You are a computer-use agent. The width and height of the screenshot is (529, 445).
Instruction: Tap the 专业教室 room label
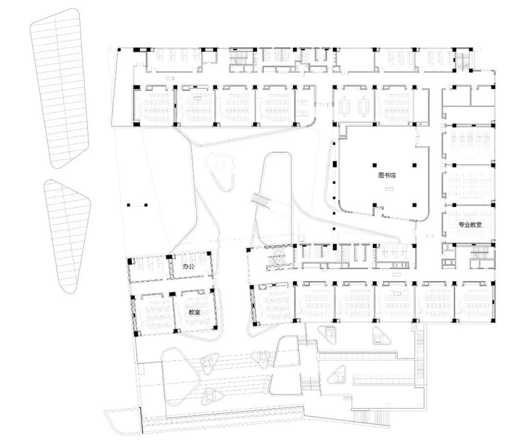(470, 225)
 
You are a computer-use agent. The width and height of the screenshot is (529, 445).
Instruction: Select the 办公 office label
(189, 267)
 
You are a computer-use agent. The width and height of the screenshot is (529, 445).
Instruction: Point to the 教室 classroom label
(194, 311)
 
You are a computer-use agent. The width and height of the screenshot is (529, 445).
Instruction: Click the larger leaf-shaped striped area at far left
(61, 88)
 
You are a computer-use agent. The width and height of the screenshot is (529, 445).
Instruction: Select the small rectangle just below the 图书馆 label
(389, 189)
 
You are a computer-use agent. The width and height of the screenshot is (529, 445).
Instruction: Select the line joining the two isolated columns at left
(137, 205)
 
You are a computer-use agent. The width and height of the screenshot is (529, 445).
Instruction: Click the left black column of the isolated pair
(129, 205)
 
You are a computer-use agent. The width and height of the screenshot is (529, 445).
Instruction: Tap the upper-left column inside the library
(375, 165)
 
